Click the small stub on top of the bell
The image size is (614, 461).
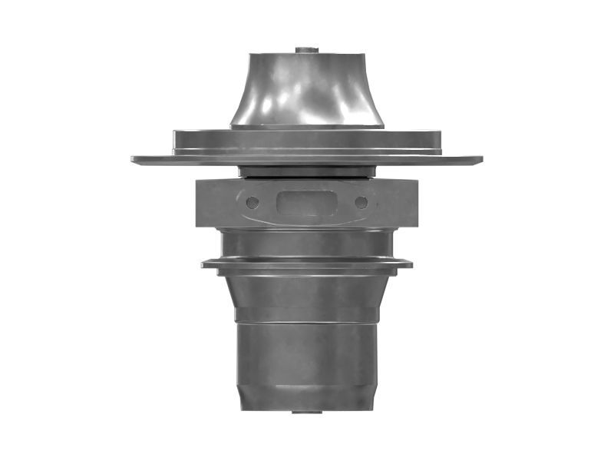tap(307, 50)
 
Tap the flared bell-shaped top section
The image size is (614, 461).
tap(307, 88)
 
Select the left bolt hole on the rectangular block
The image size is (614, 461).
tap(253, 203)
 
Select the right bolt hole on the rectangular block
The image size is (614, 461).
tap(361, 203)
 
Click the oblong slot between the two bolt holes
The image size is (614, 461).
tap(307, 203)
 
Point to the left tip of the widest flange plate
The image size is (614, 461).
tap(134, 160)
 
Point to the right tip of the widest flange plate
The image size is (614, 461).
tap(480, 160)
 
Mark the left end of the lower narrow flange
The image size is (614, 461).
tap(204, 264)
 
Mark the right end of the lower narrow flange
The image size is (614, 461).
tap(410, 264)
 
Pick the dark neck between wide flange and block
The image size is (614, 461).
tap(307, 171)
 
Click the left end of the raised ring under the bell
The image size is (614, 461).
tap(176, 141)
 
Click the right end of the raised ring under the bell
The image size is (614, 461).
tap(438, 141)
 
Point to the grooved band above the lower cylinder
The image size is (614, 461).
tap(307, 315)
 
